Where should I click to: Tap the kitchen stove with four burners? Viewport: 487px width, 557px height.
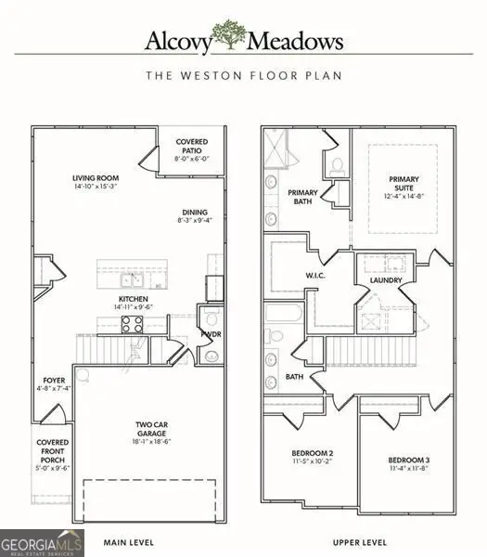coord(132,324)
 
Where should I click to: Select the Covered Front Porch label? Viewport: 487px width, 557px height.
coord(51,456)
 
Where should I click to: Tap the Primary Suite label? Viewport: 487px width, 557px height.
coord(404,185)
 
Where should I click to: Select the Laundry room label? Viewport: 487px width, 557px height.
coord(384,279)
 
